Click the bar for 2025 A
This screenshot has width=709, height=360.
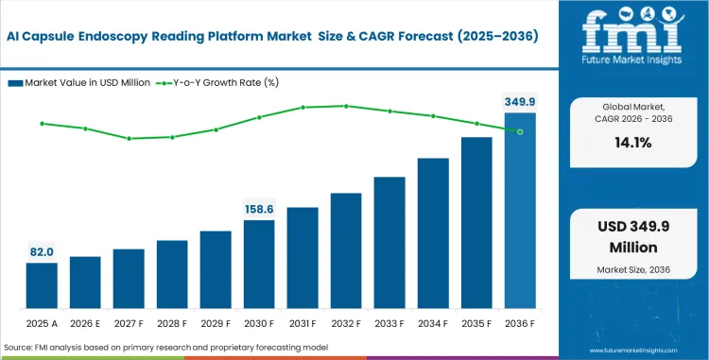(42, 285)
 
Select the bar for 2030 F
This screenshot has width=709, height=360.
(259, 264)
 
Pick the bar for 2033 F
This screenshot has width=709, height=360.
(389, 242)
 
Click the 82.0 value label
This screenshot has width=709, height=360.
(42, 251)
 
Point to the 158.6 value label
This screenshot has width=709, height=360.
(259, 209)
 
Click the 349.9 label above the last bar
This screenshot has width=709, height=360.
(519, 101)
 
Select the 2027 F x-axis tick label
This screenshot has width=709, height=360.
(129, 323)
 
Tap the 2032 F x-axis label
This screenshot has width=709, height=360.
(346, 323)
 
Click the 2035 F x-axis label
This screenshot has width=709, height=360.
(476, 323)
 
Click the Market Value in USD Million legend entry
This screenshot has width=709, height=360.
(79, 83)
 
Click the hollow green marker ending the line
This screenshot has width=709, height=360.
(520, 131)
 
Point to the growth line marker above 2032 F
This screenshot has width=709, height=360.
(346, 106)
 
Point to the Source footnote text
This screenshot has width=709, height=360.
(165, 348)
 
